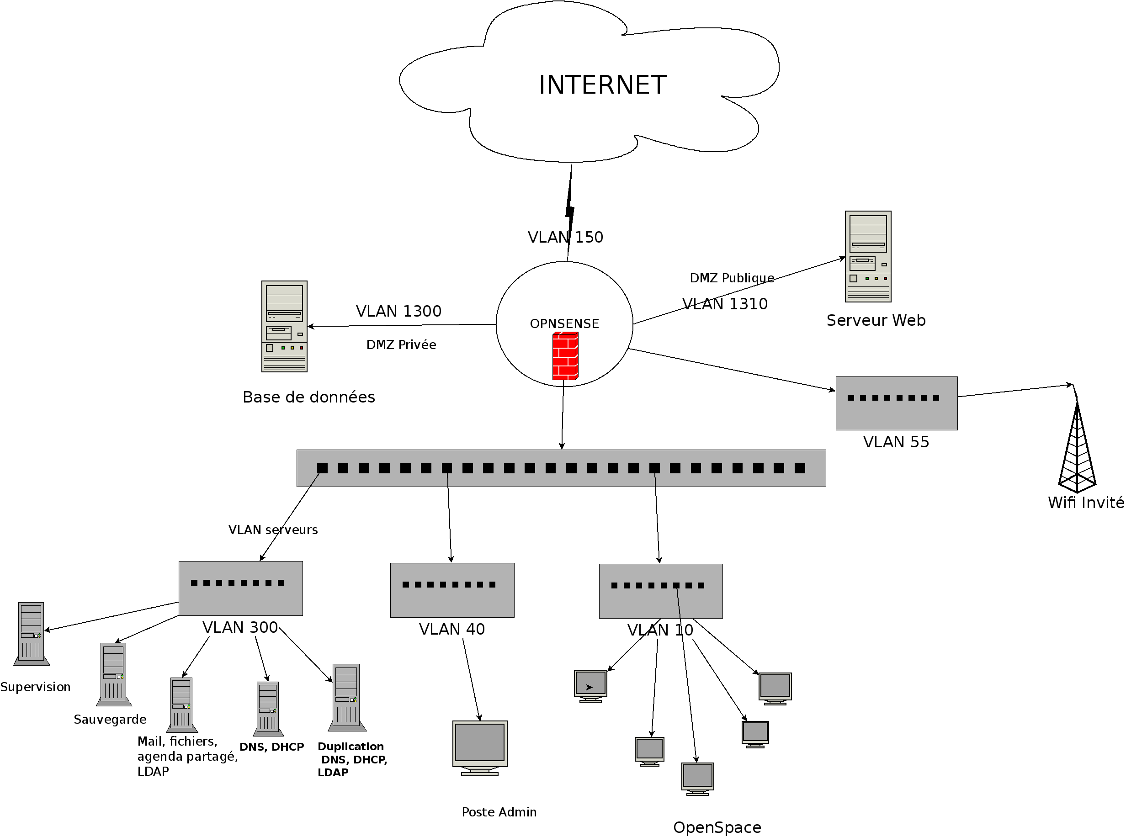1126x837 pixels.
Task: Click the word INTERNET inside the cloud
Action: click(602, 85)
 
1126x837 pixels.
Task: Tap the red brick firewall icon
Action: click(565, 355)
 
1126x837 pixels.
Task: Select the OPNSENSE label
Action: click(564, 324)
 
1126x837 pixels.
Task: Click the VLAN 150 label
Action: click(565, 237)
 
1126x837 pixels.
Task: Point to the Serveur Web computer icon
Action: click(867, 256)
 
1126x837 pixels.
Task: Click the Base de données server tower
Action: click(284, 326)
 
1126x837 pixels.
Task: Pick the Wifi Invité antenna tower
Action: click(1077, 446)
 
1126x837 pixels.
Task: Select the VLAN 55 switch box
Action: click(896, 403)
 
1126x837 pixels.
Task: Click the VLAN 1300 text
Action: click(398, 311)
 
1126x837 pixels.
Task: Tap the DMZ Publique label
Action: click(732, 278)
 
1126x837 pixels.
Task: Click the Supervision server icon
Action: click(32, 633)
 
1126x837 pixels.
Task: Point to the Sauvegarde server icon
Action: click(113, 674)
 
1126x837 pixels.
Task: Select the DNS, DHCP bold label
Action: click(271, 747)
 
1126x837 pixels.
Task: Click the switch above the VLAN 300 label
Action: click(240, 588)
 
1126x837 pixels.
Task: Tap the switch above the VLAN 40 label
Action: click(452, 590)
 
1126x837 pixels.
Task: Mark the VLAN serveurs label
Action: click(273, 530)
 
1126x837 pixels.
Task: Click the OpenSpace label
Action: click(717, 827)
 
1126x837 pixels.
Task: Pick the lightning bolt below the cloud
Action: click(569, 210)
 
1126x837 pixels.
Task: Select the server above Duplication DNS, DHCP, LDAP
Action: click(346, 697)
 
